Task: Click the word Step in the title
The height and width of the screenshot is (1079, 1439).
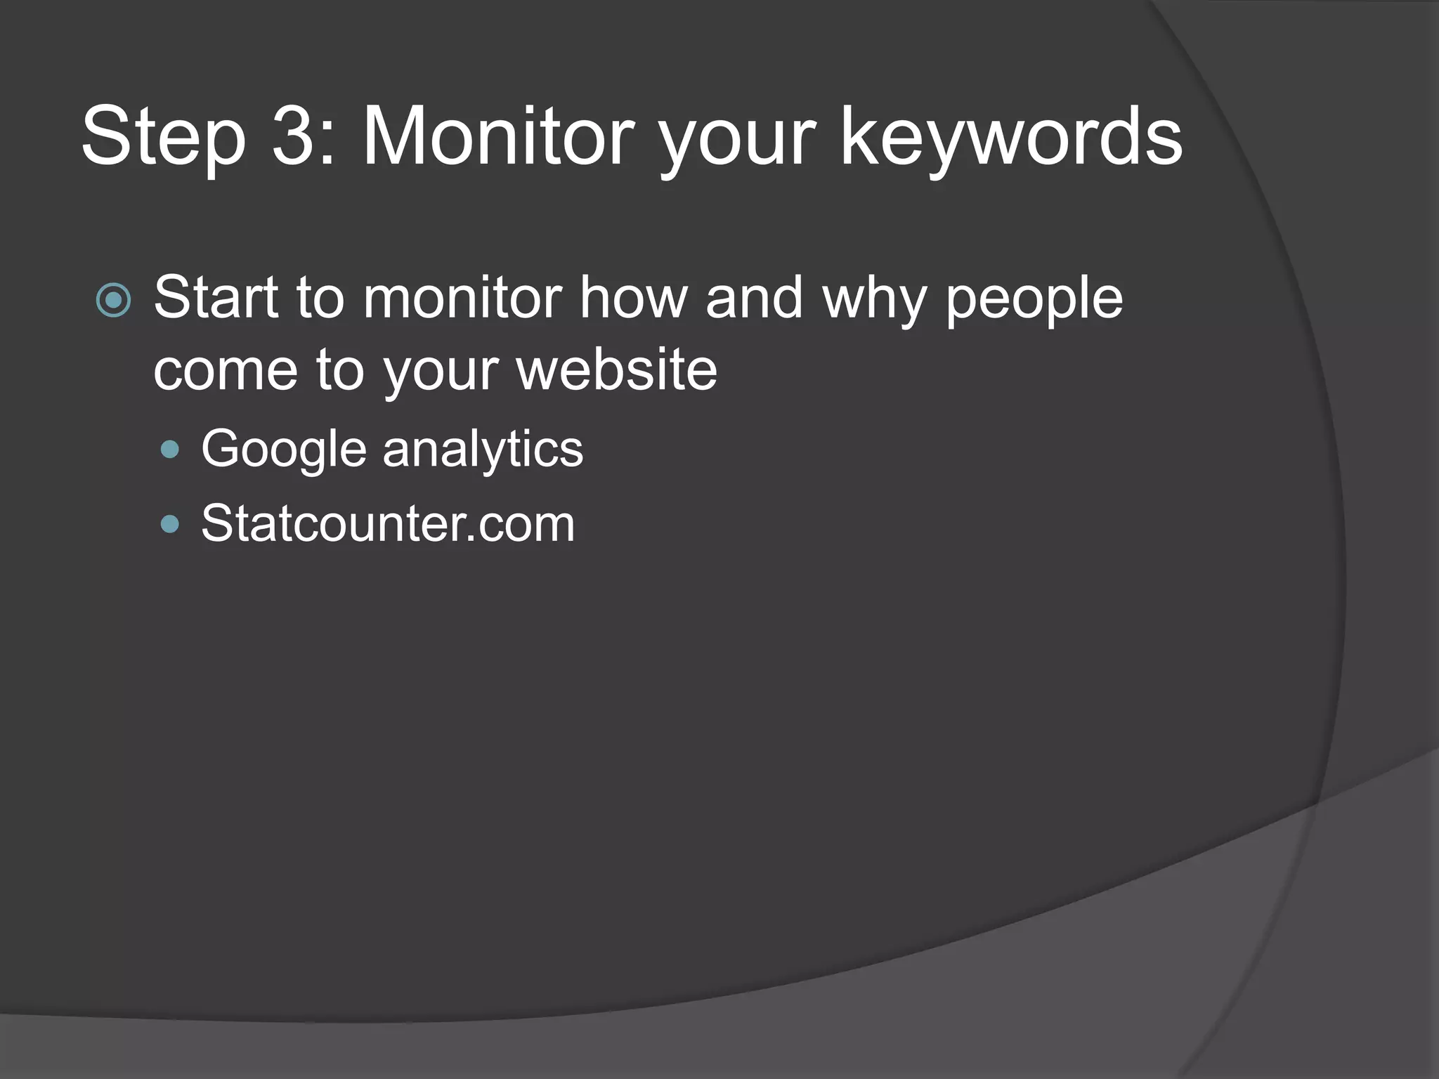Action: [164, 137]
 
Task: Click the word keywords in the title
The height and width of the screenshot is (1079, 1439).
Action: [1012, 137]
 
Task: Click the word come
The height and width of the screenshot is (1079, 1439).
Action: [225, 370]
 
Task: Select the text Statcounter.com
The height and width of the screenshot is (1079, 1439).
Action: [388, 523]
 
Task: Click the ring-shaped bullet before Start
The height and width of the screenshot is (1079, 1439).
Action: [114, 301]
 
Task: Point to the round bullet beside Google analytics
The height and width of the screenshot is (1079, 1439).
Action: [170, 450]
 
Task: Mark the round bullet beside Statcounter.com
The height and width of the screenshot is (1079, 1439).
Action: [170, 524]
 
